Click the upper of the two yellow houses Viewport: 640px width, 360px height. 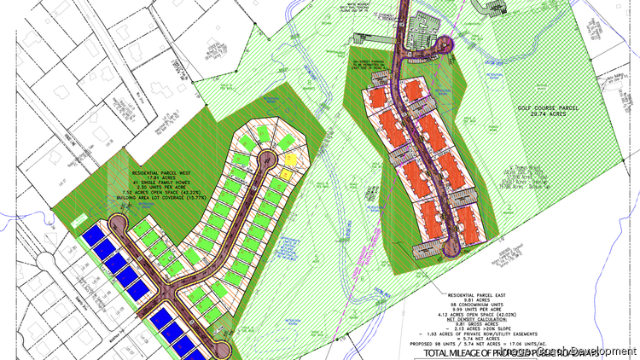tap(289, 158)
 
